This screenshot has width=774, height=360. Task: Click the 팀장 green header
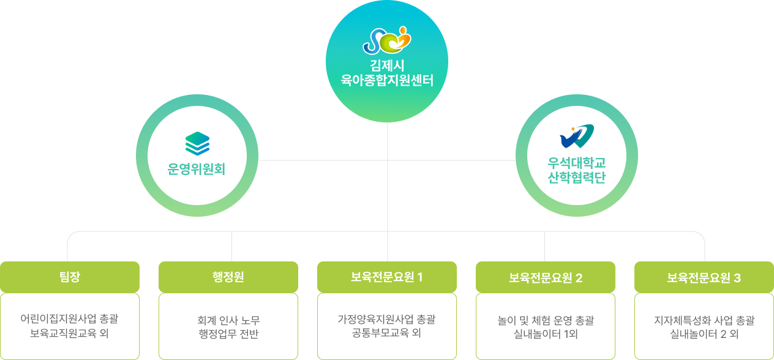point(70,277)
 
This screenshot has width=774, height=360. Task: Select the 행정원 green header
point(228,277)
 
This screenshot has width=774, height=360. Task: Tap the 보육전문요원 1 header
point(387,277)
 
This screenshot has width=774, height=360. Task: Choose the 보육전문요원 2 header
point(546,277)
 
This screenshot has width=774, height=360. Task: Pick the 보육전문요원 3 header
point(704,277)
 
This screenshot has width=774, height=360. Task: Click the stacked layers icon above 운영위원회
point(197,143)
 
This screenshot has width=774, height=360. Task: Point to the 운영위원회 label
point(197,169)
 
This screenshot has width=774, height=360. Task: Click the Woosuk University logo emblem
point(577,136)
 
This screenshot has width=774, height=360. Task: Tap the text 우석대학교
point(577,163)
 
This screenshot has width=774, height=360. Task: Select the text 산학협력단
point(577,177)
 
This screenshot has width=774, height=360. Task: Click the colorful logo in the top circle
point(387,40)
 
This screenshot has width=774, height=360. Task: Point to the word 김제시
point(387,66)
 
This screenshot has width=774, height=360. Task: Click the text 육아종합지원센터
point(387,80)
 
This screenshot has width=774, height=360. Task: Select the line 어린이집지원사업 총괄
point(69,318)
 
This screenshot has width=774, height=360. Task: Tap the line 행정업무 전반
point(228,334)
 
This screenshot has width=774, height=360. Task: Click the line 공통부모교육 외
point(386,332)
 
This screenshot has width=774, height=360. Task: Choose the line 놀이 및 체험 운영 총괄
point(546,321)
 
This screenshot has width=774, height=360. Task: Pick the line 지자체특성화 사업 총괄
point(704,321)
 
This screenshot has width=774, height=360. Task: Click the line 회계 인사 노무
point(228,321)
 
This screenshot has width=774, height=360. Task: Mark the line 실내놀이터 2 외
point(704,334)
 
